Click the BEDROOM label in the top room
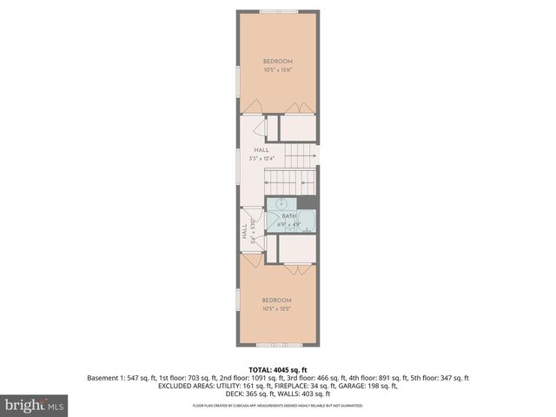[277, 61]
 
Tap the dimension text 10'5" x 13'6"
[277, 69]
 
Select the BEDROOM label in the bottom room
[277, 301]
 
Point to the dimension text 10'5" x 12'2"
[277, 309]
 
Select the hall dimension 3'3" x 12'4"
[261, 159]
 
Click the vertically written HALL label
[244, 233]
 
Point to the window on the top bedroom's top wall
[277, 10]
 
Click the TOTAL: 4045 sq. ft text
[277, 369]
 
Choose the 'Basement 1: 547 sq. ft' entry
[120, 378]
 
